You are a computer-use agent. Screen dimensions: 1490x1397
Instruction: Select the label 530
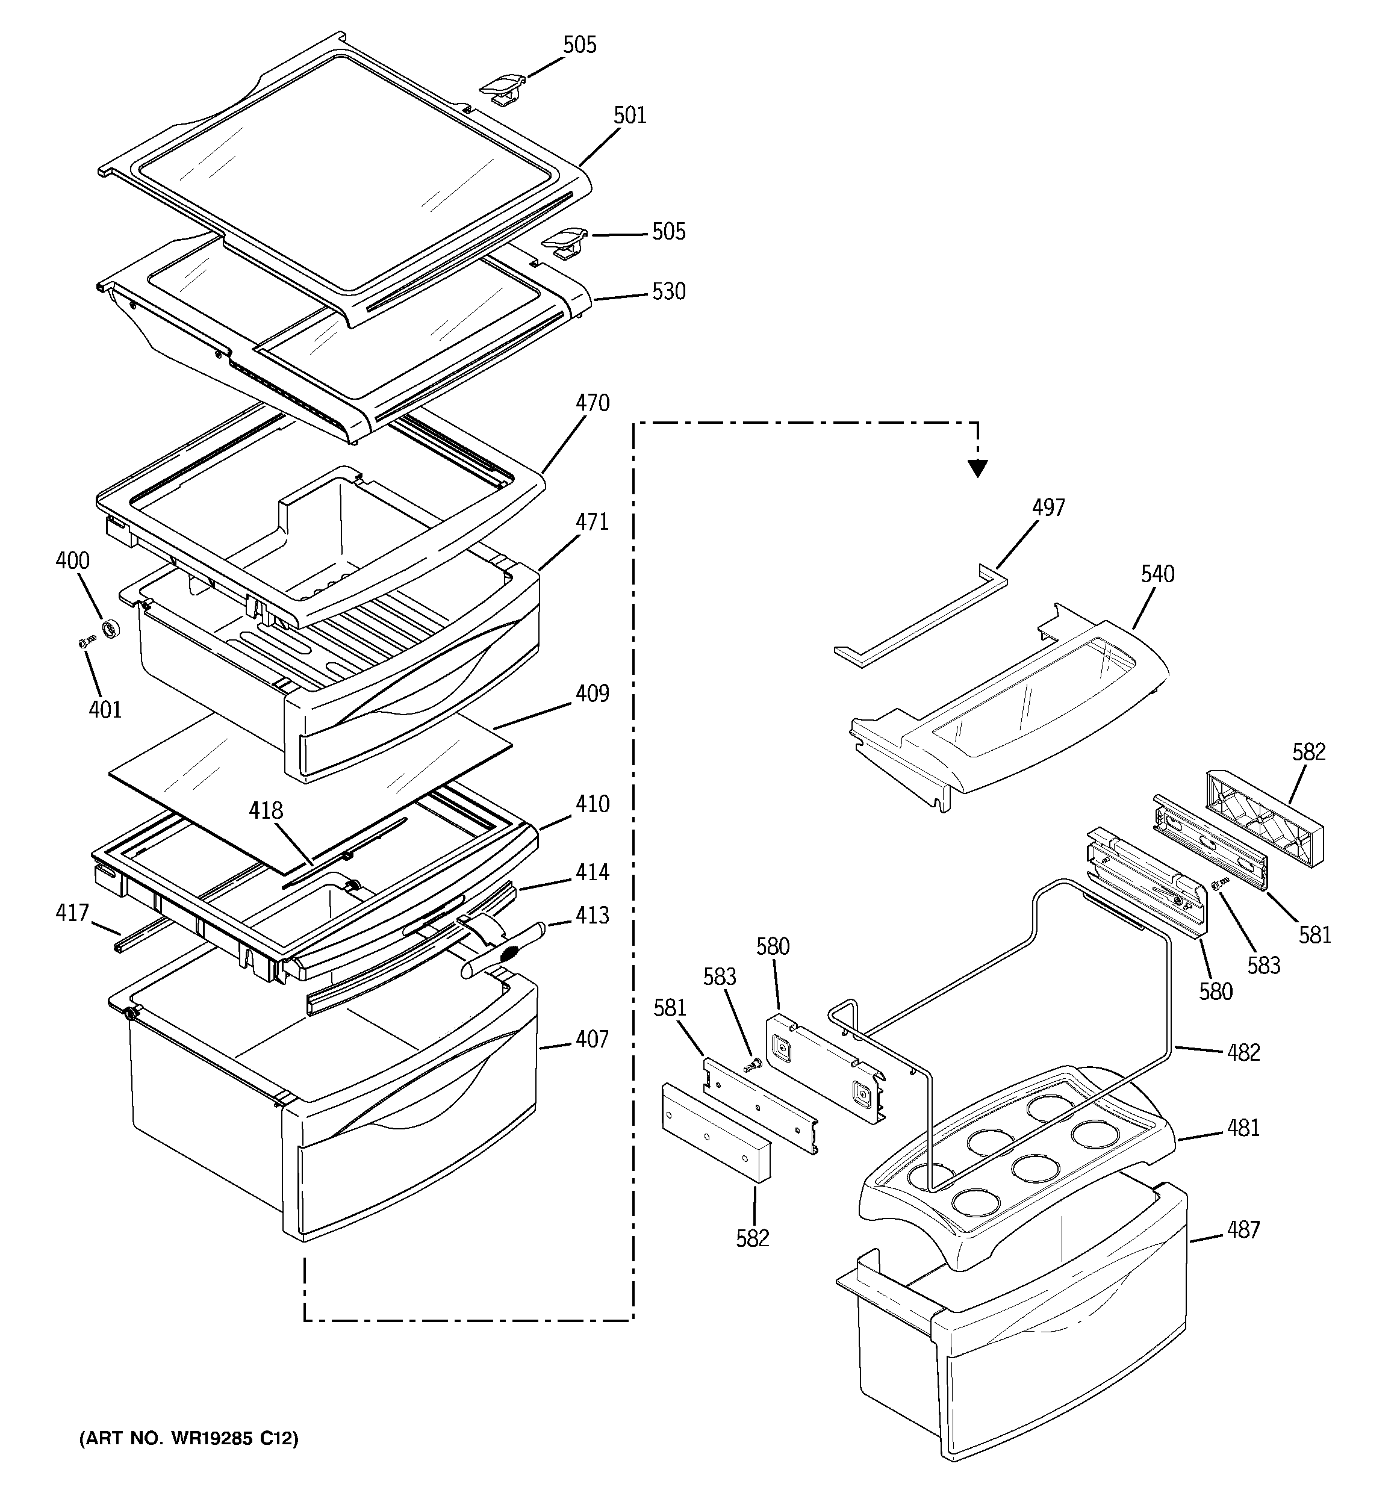(x=668, y=291)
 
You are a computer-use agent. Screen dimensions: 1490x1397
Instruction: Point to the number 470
(x=593, y=403)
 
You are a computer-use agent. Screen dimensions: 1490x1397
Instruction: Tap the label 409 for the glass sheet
(x=592, y=694)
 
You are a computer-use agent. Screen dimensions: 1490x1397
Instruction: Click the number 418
(x=266, y=811)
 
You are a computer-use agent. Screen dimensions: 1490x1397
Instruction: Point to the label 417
(x=72, y=913)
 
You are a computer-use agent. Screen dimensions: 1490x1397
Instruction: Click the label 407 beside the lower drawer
(x=592, y=1039)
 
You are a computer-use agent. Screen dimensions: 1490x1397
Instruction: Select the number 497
(x=1048, y=508)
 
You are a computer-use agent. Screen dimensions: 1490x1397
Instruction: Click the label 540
(x=1157, y=574)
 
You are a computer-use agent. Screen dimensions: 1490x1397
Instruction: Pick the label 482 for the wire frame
(x=1243, y=1052)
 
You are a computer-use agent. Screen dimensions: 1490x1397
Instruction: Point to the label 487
(x=1243, y=1229)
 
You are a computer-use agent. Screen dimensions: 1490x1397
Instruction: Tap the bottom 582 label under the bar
(x=752, y=1238)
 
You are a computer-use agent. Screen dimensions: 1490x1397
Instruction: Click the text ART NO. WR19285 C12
(x=188, y=1438)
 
